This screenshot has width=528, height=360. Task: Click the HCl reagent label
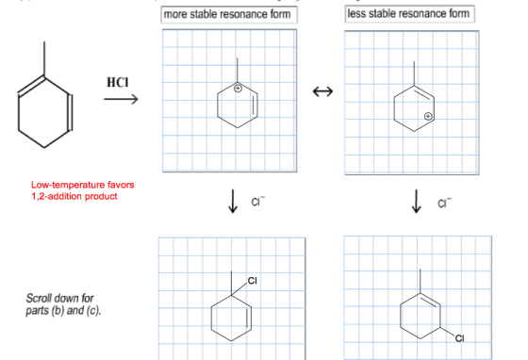[118, 82]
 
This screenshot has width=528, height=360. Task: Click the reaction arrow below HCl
[121, 99]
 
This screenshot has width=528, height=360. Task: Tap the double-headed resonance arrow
[322, 91]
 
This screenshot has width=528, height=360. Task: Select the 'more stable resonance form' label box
[229, 15]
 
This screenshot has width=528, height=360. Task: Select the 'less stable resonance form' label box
[409, 14]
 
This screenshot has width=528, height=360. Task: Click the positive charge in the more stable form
[238, 89]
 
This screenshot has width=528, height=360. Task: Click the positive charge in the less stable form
[428, 117]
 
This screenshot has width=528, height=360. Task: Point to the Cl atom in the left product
[253, 281]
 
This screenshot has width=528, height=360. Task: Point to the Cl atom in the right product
[459, 338]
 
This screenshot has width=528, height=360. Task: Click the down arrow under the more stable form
[233, 201]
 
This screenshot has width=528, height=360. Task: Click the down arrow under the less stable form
[416, 201]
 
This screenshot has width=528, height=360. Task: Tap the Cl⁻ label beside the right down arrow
[444, 203]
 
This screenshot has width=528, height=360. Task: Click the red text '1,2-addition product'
[74, 196]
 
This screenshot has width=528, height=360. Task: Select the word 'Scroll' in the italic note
[36, 299]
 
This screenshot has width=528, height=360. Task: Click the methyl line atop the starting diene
[44, 58]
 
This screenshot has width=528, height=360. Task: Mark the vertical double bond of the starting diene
[70, 113]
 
